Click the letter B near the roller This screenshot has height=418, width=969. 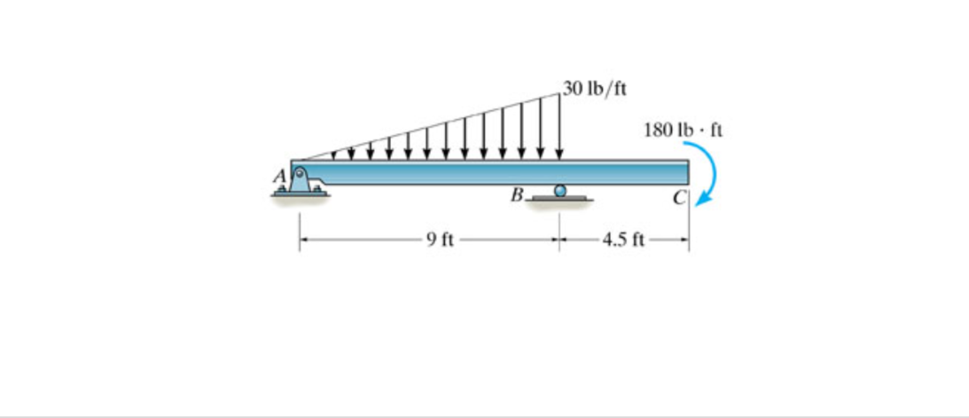click(x=516, y=193)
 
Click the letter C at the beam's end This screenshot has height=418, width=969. click(x=678, y=197)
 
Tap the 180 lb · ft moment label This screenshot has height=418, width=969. click(x=684, y=130)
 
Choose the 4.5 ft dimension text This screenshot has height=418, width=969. click(x=625, y=239)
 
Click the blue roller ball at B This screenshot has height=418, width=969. click(x=559, y=191)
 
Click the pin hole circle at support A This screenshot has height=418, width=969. click(x=300, y=174)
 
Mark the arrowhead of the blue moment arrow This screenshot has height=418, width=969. click(x=699, y=201)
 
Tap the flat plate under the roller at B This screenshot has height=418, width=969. click(x=559, y=199)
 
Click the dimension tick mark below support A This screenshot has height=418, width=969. click(x=299, y=240)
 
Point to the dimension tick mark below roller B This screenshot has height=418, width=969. click(x=559, y=240)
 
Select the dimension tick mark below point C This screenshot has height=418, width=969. click(x=689, y=240)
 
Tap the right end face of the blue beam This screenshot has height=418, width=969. click(x=687, y=172)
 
